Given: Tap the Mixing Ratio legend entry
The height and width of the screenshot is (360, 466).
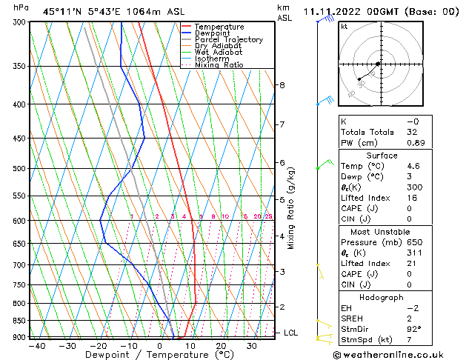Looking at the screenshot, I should pyautogui.click(x=219, y=65).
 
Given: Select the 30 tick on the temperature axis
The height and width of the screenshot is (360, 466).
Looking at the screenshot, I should pyautogui.click(x=252, y=346).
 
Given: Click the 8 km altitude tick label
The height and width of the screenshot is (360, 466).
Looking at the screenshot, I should pyautogui.click(x=282, y=85).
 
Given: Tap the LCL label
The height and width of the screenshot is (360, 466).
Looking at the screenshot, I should pyautogui.click(x=291, y=333).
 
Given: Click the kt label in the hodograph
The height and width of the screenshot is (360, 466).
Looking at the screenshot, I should pyautogui.click(x=344, y=27).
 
